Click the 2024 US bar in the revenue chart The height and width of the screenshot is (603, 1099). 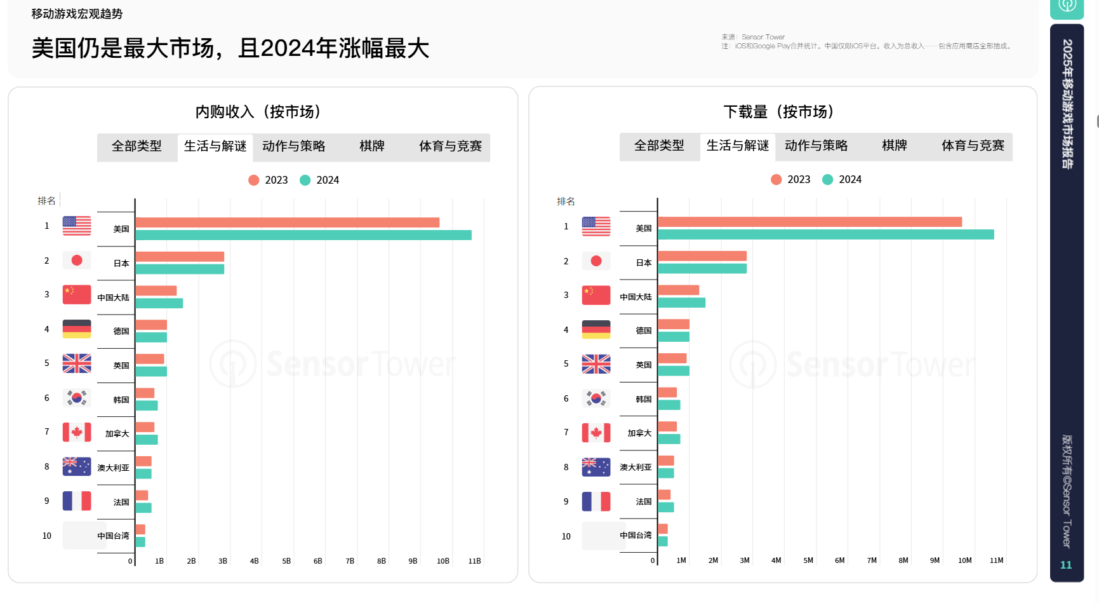pyautogui.click(x=303, y=235)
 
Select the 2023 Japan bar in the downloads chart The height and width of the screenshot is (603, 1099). pyautogui.click(x=702, y=256)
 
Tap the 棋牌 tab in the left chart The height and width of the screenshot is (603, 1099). pyautogui.click(x=372, y=146)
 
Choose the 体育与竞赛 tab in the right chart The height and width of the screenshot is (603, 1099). pyautogui.click(x=973, y=146)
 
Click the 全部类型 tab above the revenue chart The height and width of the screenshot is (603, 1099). pyautogui.click(x=137, y=146)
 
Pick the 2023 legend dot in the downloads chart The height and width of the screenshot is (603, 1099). pyautogui.click(x=776, y=180)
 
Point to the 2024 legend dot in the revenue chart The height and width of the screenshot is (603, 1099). pyautogui.click(x=305, y=180)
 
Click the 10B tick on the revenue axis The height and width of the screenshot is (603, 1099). pyautogui.click(x=443, y=561)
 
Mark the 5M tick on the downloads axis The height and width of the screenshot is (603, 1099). pyautogui.click(x=808, y=560)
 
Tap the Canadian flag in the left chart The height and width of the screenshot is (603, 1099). pyautogui.click(x=77, y=432)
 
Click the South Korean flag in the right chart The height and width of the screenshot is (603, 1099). pyautogui.click(x=596, y=398)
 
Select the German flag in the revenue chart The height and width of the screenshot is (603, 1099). pyautogui.click(x=77, y=329)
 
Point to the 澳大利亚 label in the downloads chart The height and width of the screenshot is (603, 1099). pyautogui.click(x=636, y=467)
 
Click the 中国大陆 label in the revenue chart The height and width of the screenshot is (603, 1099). pyautogui.click(x=113, y=297)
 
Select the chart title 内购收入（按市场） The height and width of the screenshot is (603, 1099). pyautogui.click(x=258, y=112)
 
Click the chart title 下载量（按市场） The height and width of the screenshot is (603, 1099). pyautogui.click(x=778, y=112)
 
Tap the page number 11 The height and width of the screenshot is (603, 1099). pyautogui.click(x=1066, y=565)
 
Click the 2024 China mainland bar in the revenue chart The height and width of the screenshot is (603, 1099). pyautogui.click(x=159, y=304)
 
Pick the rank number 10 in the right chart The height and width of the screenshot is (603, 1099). pyautogui.click(x=566, y=536)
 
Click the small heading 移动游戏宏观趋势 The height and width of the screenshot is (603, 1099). pyautogui.click(x=77, y=14)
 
